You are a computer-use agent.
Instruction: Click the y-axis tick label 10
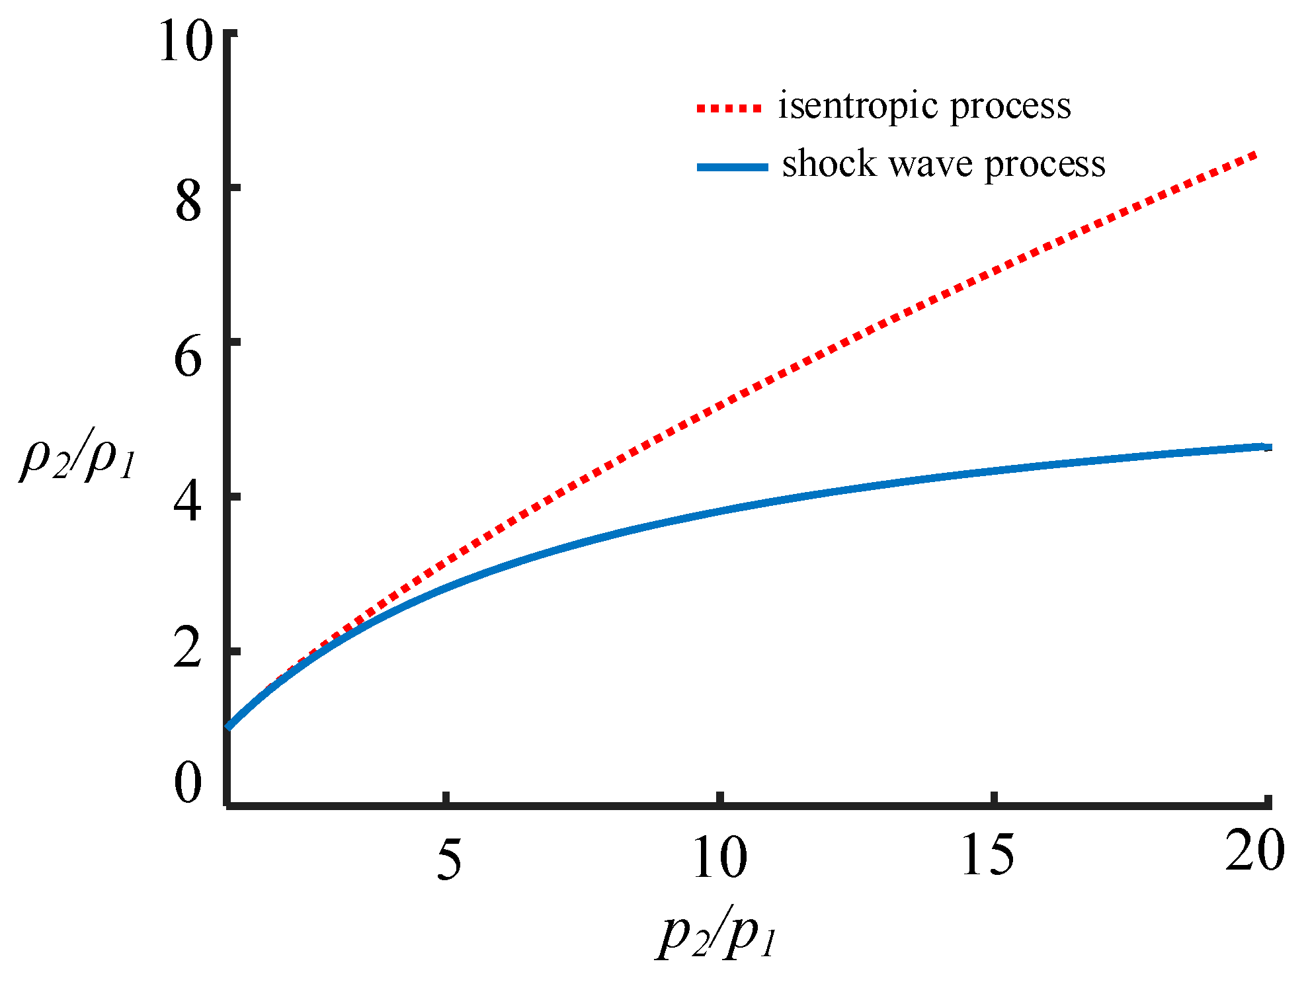[x=186, y=41]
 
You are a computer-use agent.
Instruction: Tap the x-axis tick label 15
[x=987, y=855]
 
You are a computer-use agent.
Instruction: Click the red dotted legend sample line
[x=729, y=108]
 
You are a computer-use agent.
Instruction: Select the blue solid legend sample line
[x=732, y=167]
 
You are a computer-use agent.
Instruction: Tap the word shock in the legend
[x=829, y=163]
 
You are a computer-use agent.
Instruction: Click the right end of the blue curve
[x=1266, y=447]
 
